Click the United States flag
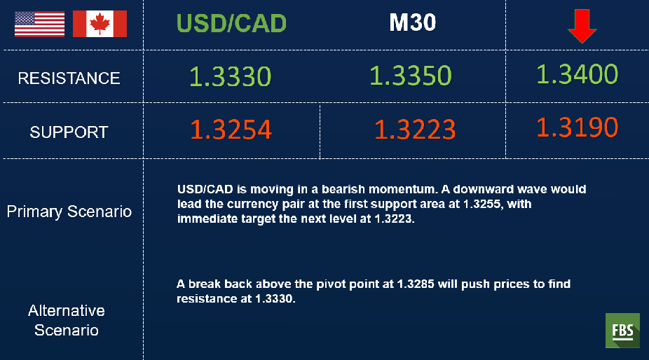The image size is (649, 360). coord(40,24)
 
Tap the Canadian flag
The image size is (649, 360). coord(100,24)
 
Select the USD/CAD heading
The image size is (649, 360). coord(231,23)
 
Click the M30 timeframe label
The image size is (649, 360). coord(413,22)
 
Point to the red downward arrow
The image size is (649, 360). coord(582,27)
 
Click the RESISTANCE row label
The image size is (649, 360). coord(69,78)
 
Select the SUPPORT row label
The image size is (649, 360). coord(69,132)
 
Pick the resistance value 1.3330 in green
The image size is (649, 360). coord(231,76)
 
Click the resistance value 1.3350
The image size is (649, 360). coord(411,76)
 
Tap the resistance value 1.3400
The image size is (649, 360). coord(578,74)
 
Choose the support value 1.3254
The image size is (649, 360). coord(231,130)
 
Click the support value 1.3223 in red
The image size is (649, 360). coord(415,129)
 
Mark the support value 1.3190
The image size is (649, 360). coord(578,127)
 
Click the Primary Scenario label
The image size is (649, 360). coord(69,212)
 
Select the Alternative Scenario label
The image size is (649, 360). coord(66,321)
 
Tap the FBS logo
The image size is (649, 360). coord(622,330)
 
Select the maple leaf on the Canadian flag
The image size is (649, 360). coord(100,24)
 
